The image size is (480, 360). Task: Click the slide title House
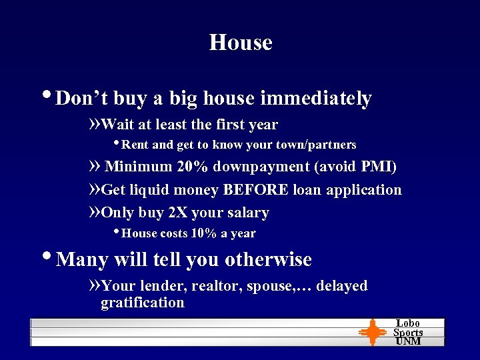(x=241, y=43)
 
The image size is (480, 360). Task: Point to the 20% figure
(x=192, y=167)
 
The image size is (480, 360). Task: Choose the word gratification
(x=142, y=303)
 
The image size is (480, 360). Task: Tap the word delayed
(x=342, y=286)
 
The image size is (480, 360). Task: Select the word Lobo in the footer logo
(x=408, y=323)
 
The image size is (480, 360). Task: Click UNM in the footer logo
(x=408, y=341)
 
